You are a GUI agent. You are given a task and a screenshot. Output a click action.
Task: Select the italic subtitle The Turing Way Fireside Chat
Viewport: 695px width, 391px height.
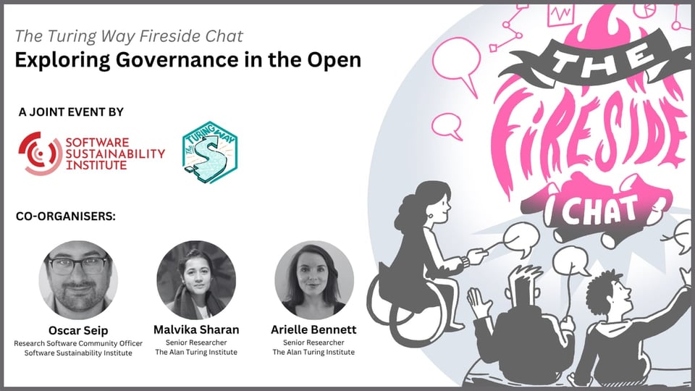click(x=130, y=35)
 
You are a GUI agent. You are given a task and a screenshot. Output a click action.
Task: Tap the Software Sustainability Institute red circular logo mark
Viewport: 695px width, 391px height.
click(x=39, y=153)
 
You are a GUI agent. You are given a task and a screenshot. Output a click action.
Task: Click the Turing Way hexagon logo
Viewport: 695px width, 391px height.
click(x=210, y=152)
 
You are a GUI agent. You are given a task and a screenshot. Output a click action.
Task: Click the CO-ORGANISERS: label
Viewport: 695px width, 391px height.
click(x=66, y=216)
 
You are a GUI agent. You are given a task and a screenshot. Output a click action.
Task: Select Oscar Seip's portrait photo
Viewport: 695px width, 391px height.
click(x=78, y=279)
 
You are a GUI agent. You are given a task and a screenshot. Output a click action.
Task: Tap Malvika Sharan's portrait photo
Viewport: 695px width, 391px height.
click(x=196, y=279)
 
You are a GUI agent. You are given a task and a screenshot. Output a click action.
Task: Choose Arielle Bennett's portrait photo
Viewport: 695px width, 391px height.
click(x=313, y=279)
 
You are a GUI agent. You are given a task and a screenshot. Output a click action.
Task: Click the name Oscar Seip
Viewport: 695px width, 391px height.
click(x=78, y=329)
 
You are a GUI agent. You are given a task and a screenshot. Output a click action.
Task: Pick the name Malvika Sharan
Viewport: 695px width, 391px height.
click(x=196, y=329)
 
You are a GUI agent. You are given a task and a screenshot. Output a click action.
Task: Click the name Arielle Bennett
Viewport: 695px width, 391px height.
click(x=313, y=329)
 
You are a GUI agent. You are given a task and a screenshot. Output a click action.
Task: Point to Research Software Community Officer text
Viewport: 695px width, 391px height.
click(x=78, y=342)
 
